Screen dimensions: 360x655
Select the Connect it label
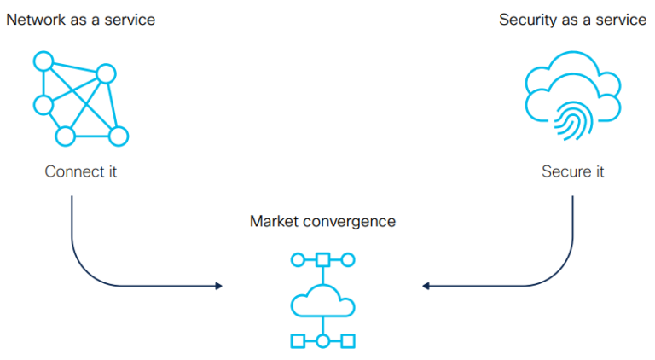point(81,171)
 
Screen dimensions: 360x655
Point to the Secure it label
point(572,171)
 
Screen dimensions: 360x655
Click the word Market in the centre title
point(272,222)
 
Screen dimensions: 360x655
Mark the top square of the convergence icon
point(322,259)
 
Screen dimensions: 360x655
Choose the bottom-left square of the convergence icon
point(298,341)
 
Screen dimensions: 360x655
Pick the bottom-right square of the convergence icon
point(348,341)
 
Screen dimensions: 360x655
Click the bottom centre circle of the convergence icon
point(322,341)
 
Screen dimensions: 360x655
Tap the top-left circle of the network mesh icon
point(43,61)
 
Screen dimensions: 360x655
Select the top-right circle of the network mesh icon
point(106,74)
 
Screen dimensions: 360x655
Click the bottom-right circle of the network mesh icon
point(119,136)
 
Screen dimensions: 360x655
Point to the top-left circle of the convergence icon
point(298,259)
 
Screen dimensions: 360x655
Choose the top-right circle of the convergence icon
point(348,259)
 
